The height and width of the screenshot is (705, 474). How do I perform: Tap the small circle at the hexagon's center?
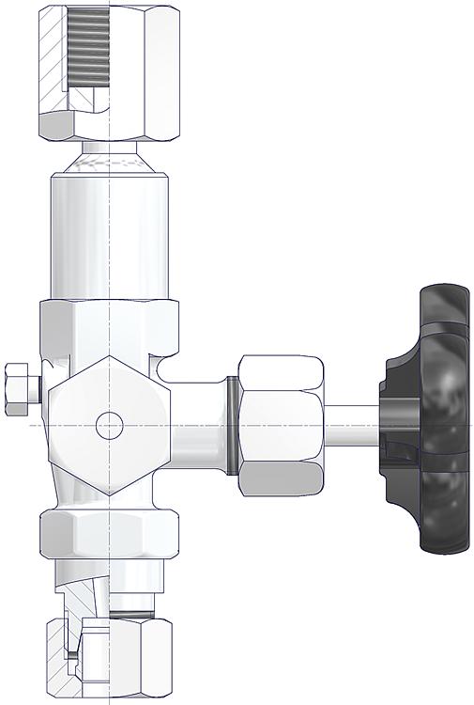(x=110, y=425)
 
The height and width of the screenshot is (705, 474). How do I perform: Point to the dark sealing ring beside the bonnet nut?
(x=231, y=425)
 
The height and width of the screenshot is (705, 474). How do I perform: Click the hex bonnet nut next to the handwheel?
(x=282, y=425)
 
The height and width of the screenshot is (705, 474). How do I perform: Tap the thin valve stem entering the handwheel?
(x=352, y=425)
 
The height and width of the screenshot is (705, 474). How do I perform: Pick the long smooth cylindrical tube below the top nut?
(x=110, y=235)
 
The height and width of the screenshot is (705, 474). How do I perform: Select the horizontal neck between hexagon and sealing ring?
(x=199, y=425)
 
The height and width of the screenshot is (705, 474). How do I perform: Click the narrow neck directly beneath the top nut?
(x=110, y=148)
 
